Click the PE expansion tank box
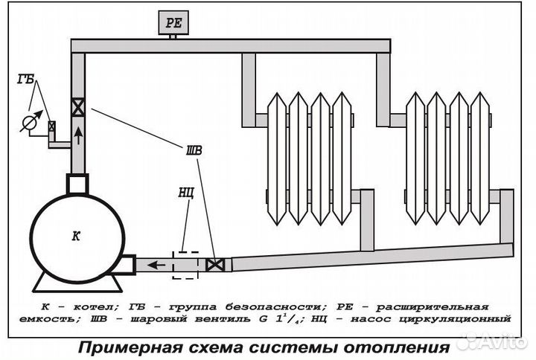click(173, 23)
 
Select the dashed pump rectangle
click(185, 264)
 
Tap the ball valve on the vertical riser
click(77, 106)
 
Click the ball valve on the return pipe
click(216, 264)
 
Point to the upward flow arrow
click(77, 135)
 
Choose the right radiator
click(450, 160)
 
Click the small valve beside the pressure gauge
click(51, 126)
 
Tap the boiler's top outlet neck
click(77, 182)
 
